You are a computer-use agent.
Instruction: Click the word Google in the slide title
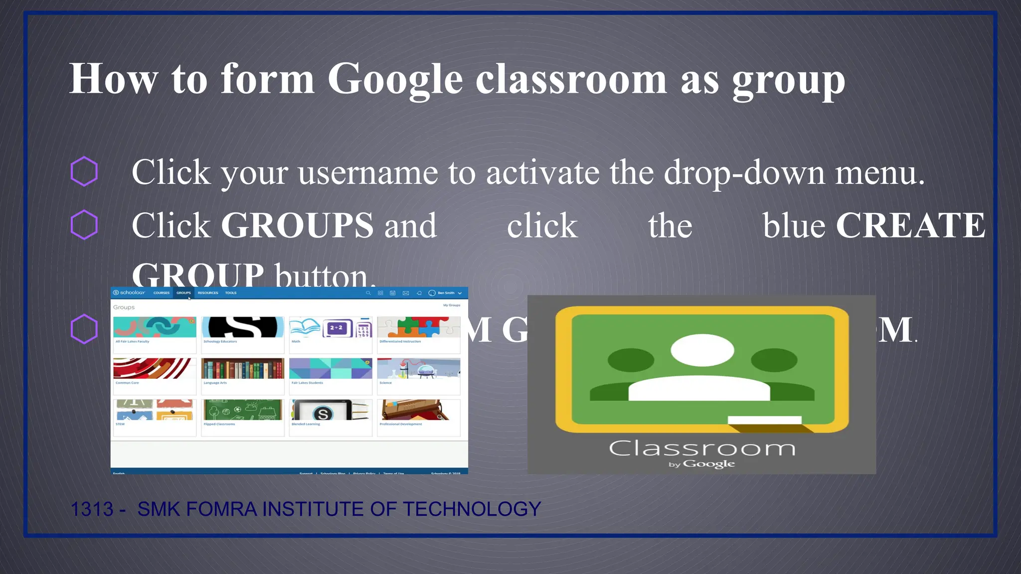(395, 80)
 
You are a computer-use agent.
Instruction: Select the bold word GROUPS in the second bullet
(297, 226)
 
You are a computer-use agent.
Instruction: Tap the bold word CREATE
(910, 226)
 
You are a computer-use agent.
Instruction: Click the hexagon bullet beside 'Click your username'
(84, 171)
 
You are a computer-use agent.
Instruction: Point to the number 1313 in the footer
(92, 509)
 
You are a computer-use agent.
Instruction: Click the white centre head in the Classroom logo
(702, 350)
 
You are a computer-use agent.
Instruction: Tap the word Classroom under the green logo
(702, 448)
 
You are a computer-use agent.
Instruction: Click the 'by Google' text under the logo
(702, 464)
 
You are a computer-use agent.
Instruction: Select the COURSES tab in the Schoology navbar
(161, 293)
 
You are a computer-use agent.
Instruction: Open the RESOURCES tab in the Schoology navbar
(208, 293)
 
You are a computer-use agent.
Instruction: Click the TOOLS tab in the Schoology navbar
(231, 293)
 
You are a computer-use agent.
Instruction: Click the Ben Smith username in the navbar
(446, 293)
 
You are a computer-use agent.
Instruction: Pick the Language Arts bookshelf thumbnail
(243, 369)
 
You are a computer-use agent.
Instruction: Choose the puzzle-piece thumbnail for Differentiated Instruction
(419, 327)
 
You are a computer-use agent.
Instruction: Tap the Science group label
(385, 383)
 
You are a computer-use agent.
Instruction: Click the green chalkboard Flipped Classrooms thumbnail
(243, 410)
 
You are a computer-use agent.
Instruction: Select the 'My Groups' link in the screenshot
(452, 305)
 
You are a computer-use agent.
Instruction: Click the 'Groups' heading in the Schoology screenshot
(124, 307)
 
